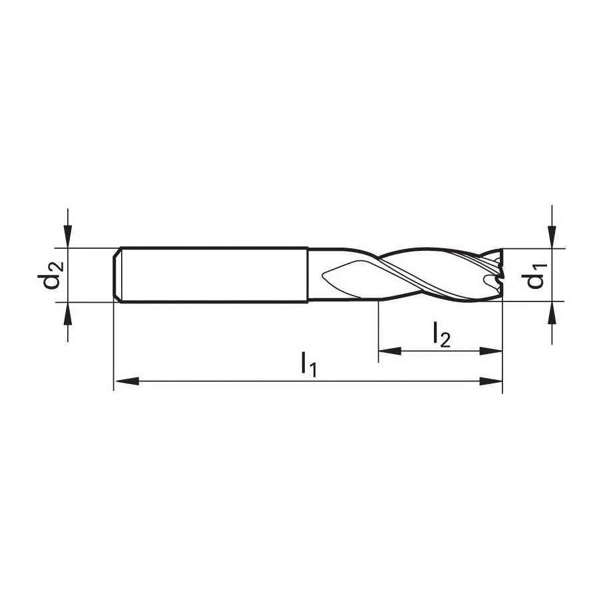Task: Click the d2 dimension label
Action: (49, 276)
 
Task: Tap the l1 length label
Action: (309, 365)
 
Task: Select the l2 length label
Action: (442, 335)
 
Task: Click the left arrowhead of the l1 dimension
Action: (127, 381)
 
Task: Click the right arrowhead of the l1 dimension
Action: (491, 381)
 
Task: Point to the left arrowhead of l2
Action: (389, 351)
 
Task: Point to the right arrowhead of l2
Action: (491, 351)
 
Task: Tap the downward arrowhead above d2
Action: (68, 236)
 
